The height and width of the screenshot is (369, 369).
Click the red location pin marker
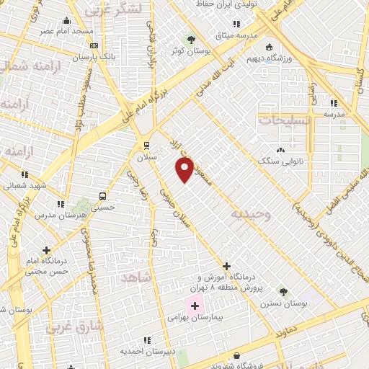coord(185,169)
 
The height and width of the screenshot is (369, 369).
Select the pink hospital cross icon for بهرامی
coord(195,306)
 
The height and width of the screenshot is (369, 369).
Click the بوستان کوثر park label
coord(190,51)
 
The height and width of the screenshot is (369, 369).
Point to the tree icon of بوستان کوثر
coord(191,39)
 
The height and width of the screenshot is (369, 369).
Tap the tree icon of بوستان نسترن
coord(283,292)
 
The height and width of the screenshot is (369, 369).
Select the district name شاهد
coord(134,277)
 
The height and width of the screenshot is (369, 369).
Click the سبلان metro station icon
coord(147,145)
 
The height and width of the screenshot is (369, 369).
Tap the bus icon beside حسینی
coord(102,195)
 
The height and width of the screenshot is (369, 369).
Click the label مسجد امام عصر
coord(66,32)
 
